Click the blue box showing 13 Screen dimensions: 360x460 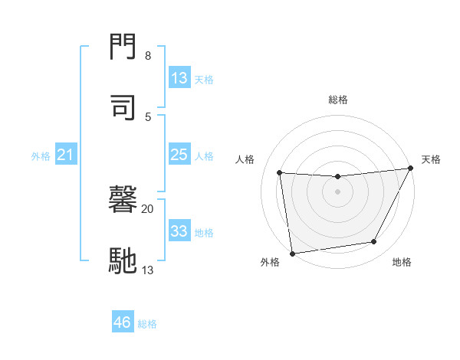tap(179, 78)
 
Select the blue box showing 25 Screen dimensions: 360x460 tap(179, 155)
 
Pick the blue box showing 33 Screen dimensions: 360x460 tap(179, 231)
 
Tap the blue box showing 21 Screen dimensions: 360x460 tap(66, 155)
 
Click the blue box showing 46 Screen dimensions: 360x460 tap(123, 322)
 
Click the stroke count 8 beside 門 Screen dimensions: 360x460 tap(148, 56)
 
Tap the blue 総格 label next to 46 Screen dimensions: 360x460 tap(147, 324)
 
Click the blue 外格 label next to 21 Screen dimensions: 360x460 tap(41, 156)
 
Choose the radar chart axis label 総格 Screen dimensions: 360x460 tap(338, 100)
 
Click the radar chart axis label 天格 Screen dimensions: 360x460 tap(431, 159)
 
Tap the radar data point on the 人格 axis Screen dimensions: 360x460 tap(280, 173)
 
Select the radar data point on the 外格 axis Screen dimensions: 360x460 tap(292, 253)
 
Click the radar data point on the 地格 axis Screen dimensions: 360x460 tap(374, 242)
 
